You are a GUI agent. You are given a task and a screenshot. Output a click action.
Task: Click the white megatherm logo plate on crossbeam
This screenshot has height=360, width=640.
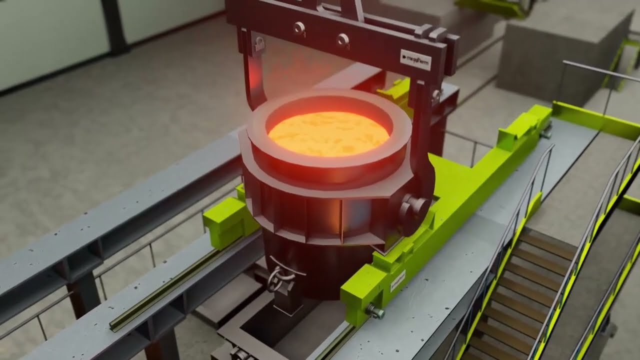tap(415, 59)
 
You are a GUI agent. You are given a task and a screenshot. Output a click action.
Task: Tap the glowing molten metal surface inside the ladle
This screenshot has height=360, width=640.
tap(328, 133)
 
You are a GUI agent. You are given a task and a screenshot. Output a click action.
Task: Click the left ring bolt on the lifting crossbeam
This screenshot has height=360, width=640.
tap(299, 28)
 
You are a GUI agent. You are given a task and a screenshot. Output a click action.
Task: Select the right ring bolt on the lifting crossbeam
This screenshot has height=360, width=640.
tap(342, 39)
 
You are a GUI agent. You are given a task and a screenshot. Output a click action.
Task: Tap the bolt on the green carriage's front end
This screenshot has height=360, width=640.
tap(376, 312)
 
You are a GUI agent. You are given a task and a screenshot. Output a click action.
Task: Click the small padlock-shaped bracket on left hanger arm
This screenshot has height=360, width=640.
tap(259, 44)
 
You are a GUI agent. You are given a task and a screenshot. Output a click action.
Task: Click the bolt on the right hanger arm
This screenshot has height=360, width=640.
tap(436, 94)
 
